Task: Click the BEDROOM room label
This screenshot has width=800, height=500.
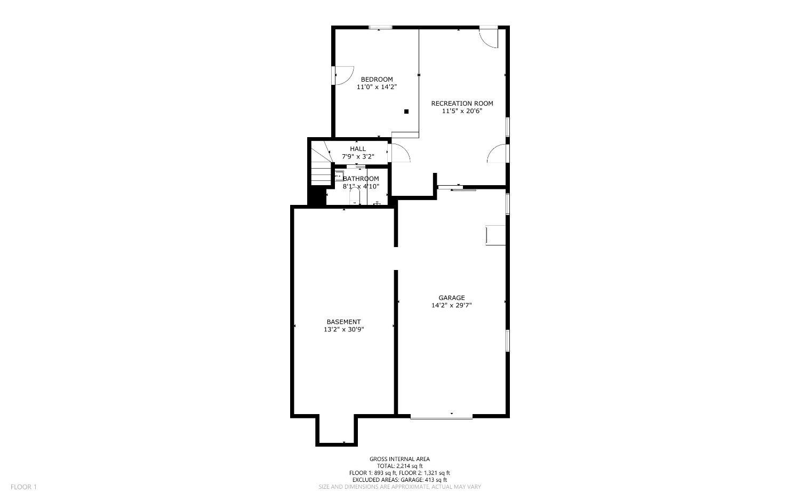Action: (x=377, y=80)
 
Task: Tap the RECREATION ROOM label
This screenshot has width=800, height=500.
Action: (x=462, y=104)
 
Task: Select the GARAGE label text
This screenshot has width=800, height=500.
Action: (x=452, y=298)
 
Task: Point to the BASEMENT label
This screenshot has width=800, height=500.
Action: (x=343, y=322)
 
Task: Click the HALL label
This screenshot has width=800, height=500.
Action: (x=358, y=149)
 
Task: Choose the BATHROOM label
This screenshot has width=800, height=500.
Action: (x=361, y=179)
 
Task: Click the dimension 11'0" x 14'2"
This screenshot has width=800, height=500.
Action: (x=377, y=87)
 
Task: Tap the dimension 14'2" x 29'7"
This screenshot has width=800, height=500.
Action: (x=452, y=305)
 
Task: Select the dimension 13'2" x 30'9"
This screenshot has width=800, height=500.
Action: (x=343, y=329)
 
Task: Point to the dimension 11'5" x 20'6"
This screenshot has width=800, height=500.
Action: (x=462, y=111)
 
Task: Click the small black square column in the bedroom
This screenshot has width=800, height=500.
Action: (x=406, y=112)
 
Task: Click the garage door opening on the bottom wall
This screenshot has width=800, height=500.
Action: (x=442, y=416)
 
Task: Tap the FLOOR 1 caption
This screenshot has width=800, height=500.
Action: (x=23, y=487)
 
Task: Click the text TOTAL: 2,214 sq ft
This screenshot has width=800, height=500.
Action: (x=399, y=466)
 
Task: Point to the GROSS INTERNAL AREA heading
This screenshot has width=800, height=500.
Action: (x=399, y=459)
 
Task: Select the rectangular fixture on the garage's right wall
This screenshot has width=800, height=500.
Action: (x=495, y=235)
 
